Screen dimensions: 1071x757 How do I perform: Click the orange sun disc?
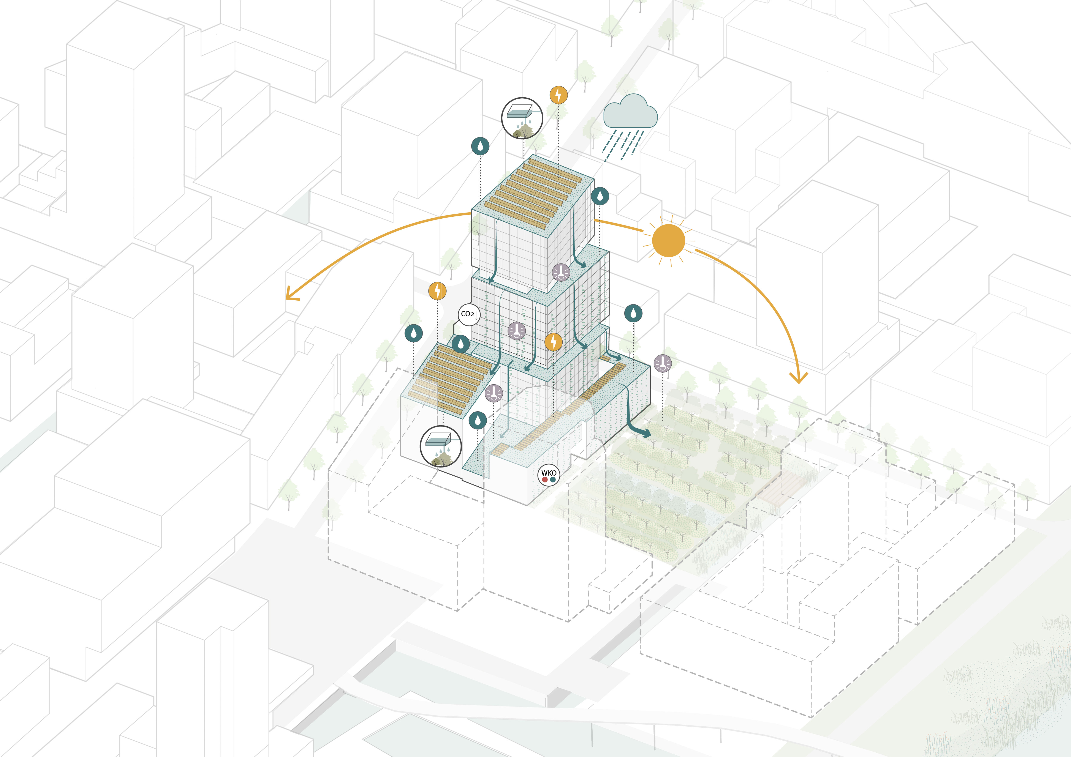668,241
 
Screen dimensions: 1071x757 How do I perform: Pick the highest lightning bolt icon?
558,95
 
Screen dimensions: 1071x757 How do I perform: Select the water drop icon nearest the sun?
600,196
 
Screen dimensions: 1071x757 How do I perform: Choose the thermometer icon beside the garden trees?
662,363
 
